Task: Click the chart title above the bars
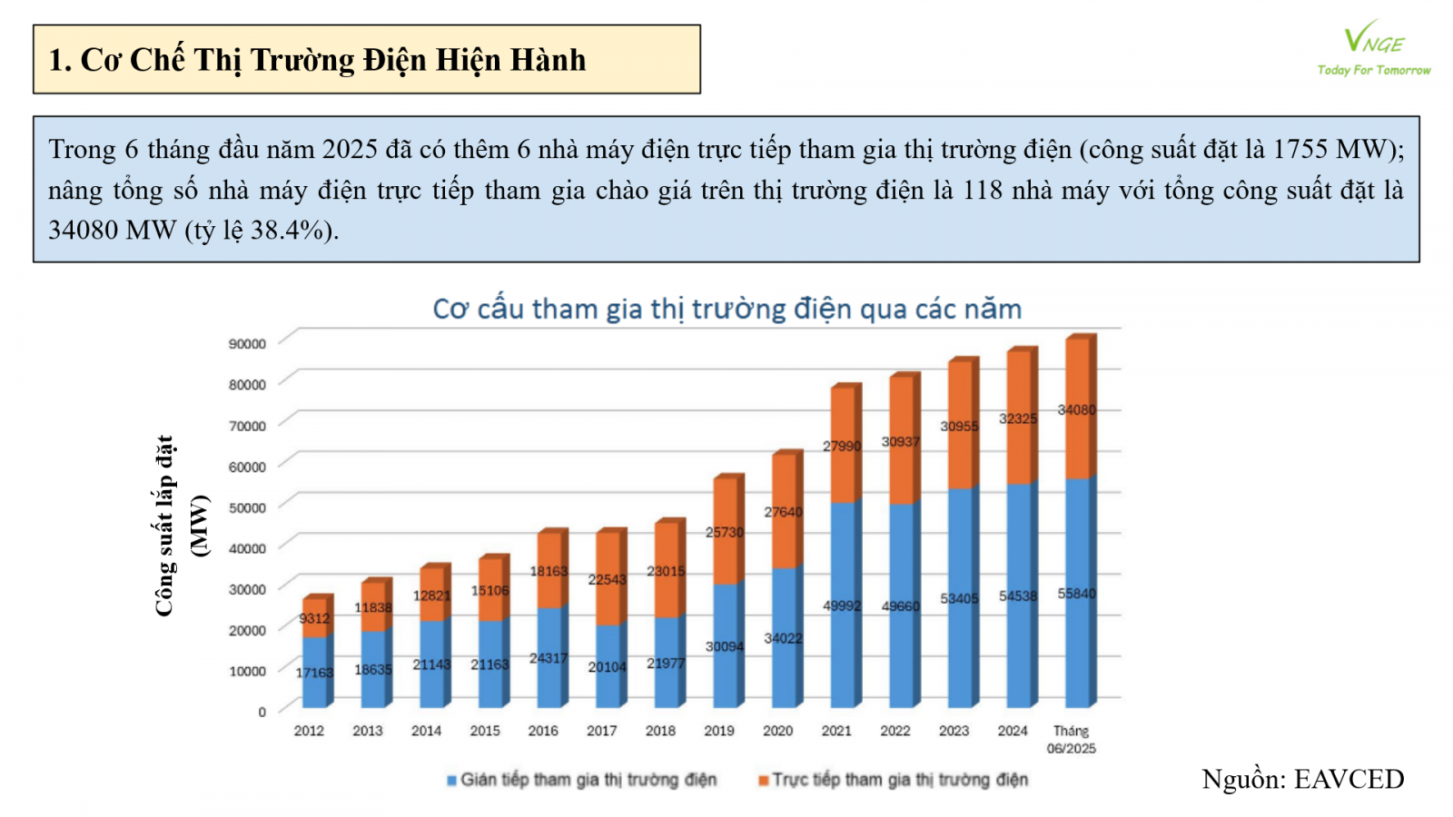pyautogui.click(x=726, y=309)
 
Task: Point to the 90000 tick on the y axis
pyautogui.click(x=247, y=343)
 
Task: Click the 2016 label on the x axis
pyautogui.click(x=543, y=731)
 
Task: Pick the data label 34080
pyautogui.click(x=1076, y=410)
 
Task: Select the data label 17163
pyautogui.click(x=314, y=673)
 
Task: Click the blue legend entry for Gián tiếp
pyautogui.click(x=581, y=780)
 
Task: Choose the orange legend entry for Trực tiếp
pyautogui.click(x=894, y=780)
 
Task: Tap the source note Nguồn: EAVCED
pyautogui.click(x=1302, y=779)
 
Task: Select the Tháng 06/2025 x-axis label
pyautogui.click(x=1072, y=739)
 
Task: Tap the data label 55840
pyautogui.click(x=1076, y=594)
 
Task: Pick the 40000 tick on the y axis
pyautogui.click(x=247, y=548)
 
